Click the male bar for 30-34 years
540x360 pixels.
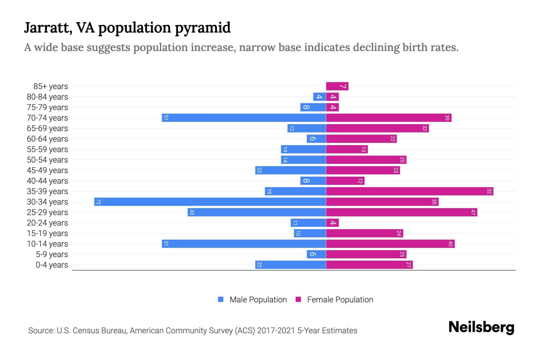(210, 202)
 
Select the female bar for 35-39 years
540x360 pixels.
(409, 191)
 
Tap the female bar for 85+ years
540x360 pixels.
(337, 86)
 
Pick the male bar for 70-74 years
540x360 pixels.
(244, 118)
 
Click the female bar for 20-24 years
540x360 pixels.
(332, 223)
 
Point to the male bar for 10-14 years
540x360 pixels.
(244, 244)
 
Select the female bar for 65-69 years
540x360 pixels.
(377, 128)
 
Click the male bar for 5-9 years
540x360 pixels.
(316, 254)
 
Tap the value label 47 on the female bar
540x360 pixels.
(473, 212)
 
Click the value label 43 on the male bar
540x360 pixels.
(192, 212)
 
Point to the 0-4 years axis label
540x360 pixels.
(52, 265)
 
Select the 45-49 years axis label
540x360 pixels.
(47, 170)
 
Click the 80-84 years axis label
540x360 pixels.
(47, 97)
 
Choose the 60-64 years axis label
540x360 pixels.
(47, 139)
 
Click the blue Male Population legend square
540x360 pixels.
(221, 299)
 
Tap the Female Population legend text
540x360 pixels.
(340, 299)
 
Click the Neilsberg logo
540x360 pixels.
(481, 327)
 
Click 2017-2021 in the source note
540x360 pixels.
(276, 331)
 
